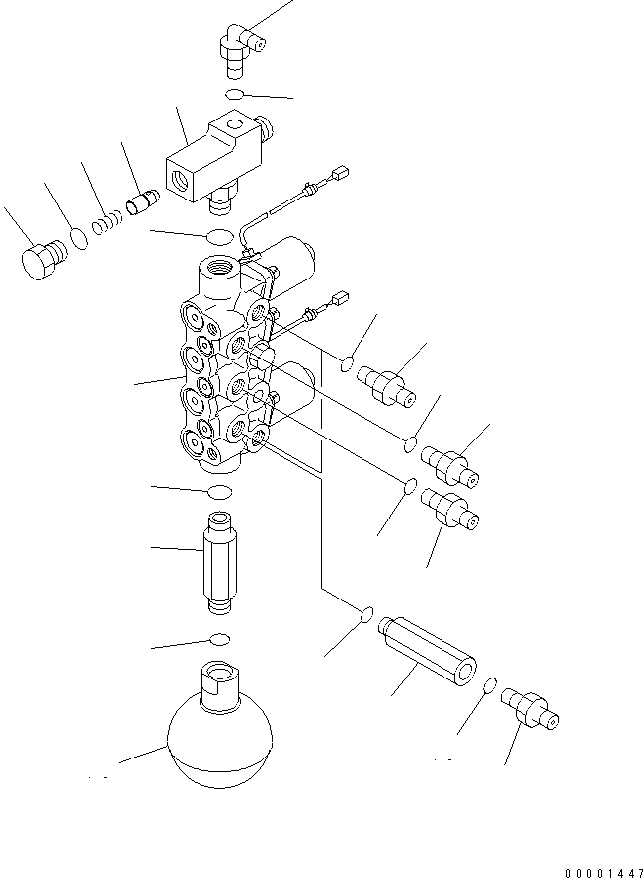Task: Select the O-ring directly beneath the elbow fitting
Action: pyautogui.click(x=234, y=94)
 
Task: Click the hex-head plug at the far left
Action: pyautogui.click(x=42, y=259)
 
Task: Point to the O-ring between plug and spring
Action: pyautogui.click(x=79, y=240)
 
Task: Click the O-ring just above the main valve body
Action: pyautogui.click(x=219, y=236)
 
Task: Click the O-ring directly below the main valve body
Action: pyautogui.click(x=219, y=492)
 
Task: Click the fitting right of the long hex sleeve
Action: pyautogui.click(x=528, y=709)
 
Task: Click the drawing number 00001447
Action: pyautogui.click(x=603, y=871)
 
